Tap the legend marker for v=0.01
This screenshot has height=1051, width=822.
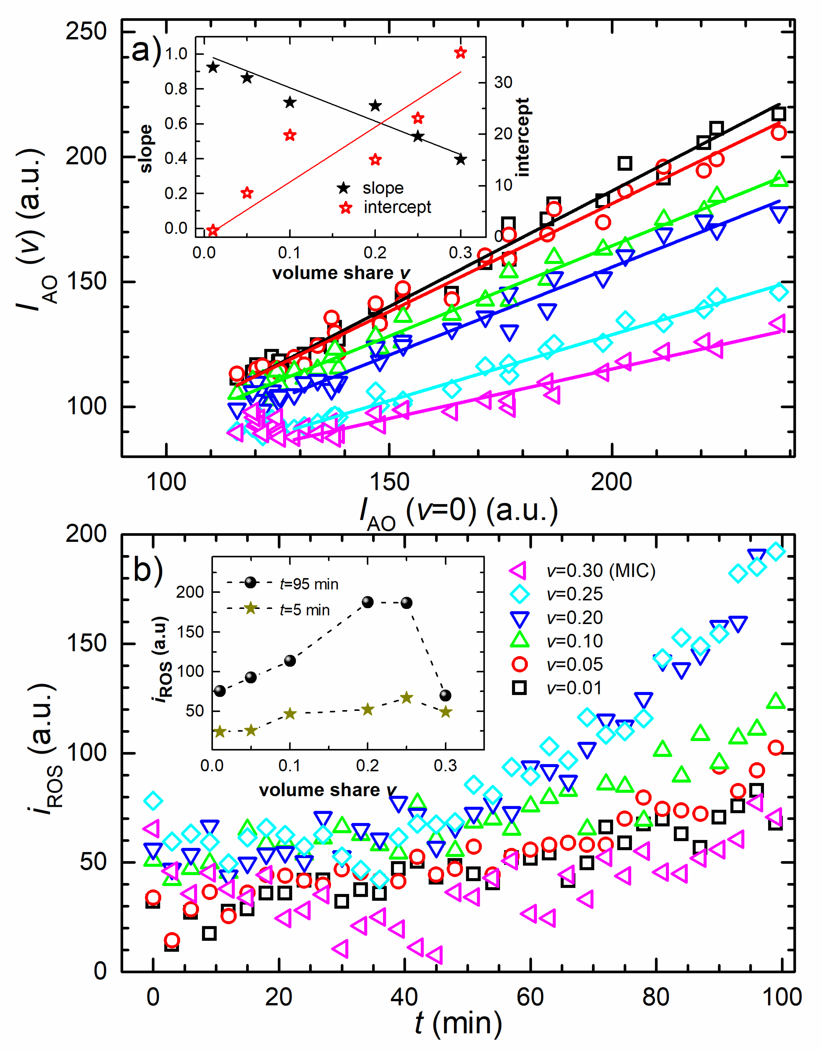click(x=519, y=688)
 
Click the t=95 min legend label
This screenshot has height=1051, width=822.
click(x=309, y=584)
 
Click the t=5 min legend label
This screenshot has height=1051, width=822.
click(x=305, y=610)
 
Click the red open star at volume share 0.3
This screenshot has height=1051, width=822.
click(x=461, y=52)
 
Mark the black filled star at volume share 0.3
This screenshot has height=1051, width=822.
click(x=461, y=159)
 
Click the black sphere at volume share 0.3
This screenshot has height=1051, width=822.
click(x=446, y=695)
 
